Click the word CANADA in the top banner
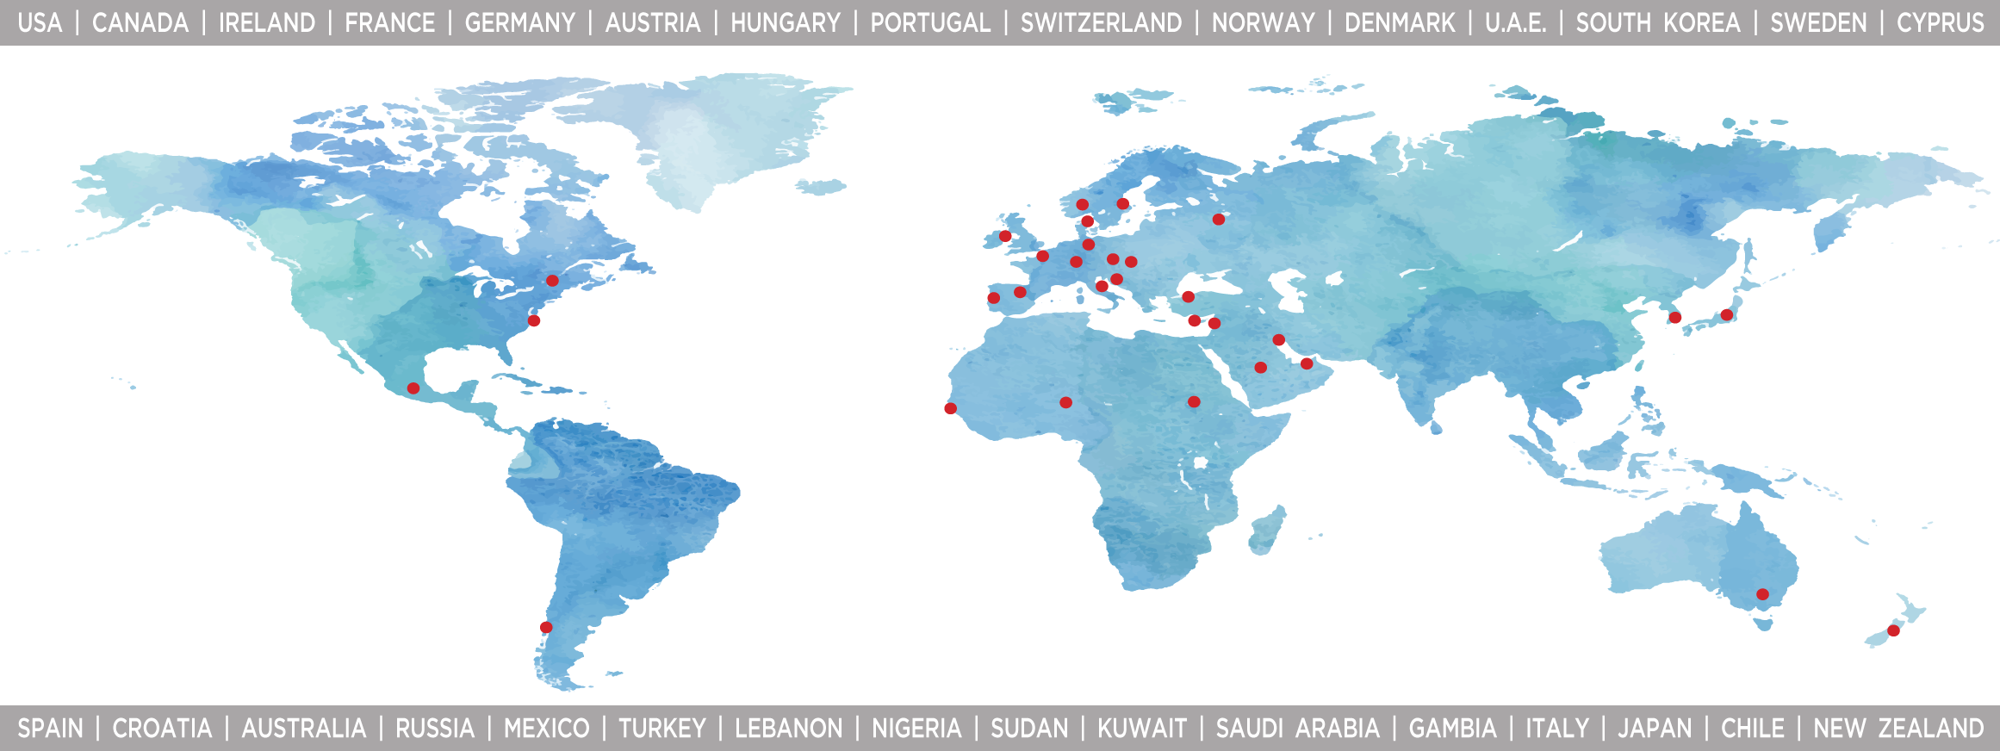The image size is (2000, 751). pyautogui.click(x=140, y=23)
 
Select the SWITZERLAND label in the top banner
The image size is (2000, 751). pyautogui.click(x=1101, y=23)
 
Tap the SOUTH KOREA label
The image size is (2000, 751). pyautogui.click(x=1658, y=23)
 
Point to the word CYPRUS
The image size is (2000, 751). pyautogui.click(x=1941, y=23)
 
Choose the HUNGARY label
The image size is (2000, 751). pyautogui.click(x=786, y=23)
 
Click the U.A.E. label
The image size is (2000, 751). pyautogui.click(x=1516, y=23)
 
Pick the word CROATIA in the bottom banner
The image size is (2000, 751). pyautogui.click(x=162, y=729)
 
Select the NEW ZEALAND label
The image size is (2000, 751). pyautogui.click(x=1898, y=729)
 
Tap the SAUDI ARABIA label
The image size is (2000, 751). pyautogui.click(x=1297, y=729)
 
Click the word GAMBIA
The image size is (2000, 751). pyautogui.click(x=1452, y=729)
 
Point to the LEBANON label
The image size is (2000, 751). pyautogui.click(x=788, y=729)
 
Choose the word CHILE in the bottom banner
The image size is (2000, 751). pyautogui.click(x=1752, y=729)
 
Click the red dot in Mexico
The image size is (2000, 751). pyautogui.click(x=413, y=388)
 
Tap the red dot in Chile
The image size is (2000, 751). pyautogui.click(x=546, y=627)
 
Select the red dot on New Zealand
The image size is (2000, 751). pyautogui.click(x=1893, y=630)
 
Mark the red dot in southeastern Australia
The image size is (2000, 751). pyautogui.click(x=1762, y=594)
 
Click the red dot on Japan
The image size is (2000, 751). pyautogui.click(x=1726, y=315)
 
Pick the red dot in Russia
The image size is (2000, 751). pyautogui.click(x=1218, y=220)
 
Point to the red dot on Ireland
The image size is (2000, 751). pyautogui.click(x=1005, y=236)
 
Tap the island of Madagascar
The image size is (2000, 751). pyautogui.click(x=1267, y=530)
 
